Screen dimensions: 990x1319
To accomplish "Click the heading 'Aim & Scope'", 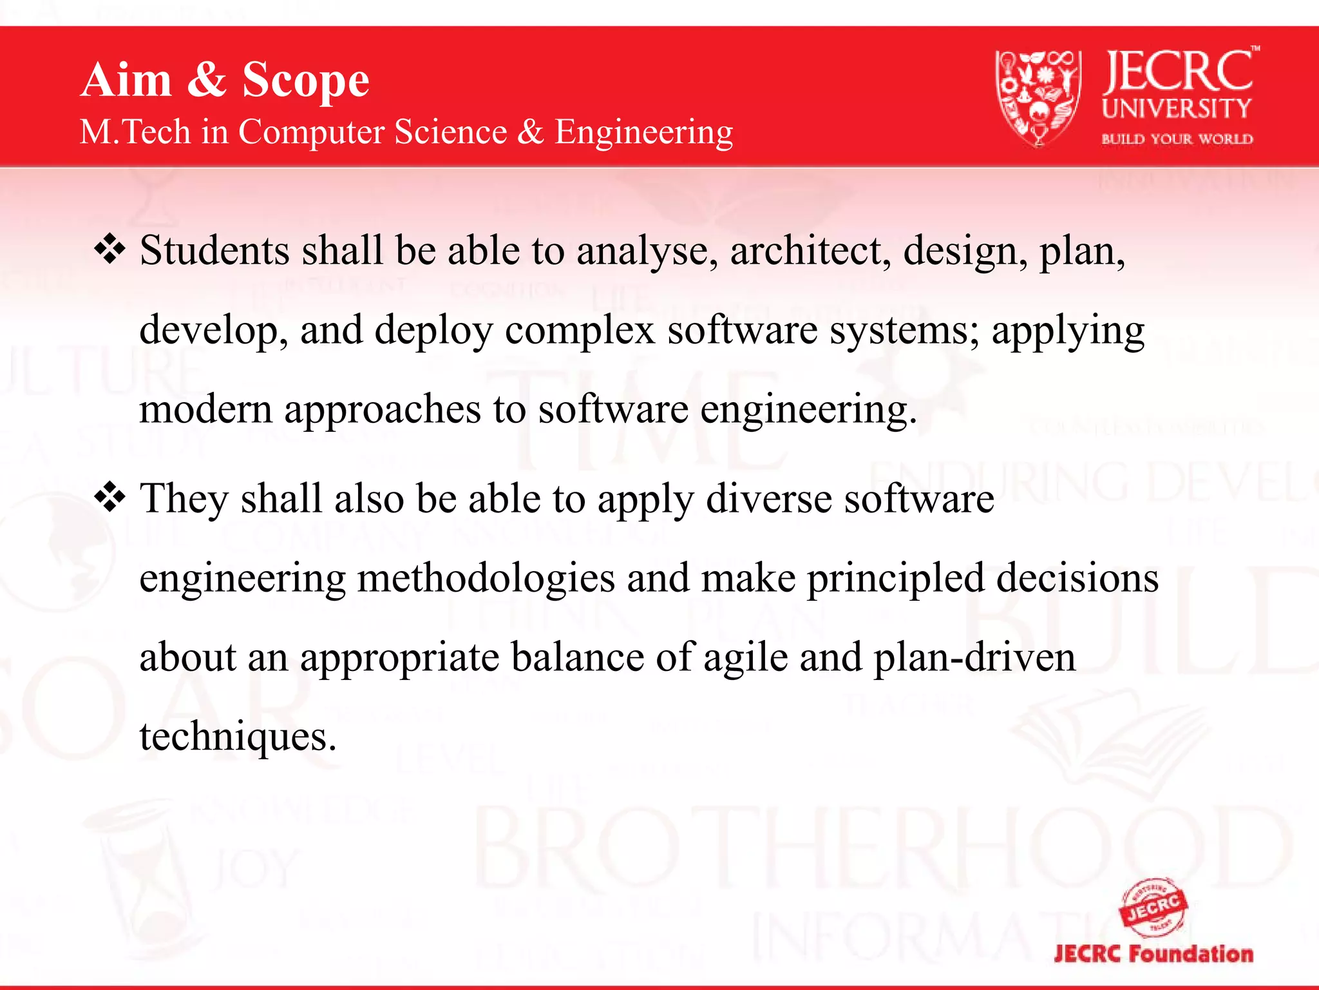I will pyautogui.click(x=225, y=80).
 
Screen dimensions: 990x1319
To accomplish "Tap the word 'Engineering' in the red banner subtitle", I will pyautogui.click(x=643, y=132).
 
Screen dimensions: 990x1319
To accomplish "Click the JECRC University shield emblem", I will pyautogui.click(x=1038, y=97).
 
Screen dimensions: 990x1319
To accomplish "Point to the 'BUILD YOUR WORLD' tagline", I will pyautogui.click(x=1177, y=139).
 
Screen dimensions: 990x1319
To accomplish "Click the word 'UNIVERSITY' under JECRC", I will pyautogui.click(x=1177, y=109).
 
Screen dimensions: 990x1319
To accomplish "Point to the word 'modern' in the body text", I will pyautogui.click(x=205, y=409).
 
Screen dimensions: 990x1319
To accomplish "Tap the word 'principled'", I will pyautogui.click(x=896, y=578).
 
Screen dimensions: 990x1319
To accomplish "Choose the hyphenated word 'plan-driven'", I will pyautogui.click(x=974, y=658).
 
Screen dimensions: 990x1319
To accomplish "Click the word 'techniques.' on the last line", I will pyautogui.click(x=238, y=737).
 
